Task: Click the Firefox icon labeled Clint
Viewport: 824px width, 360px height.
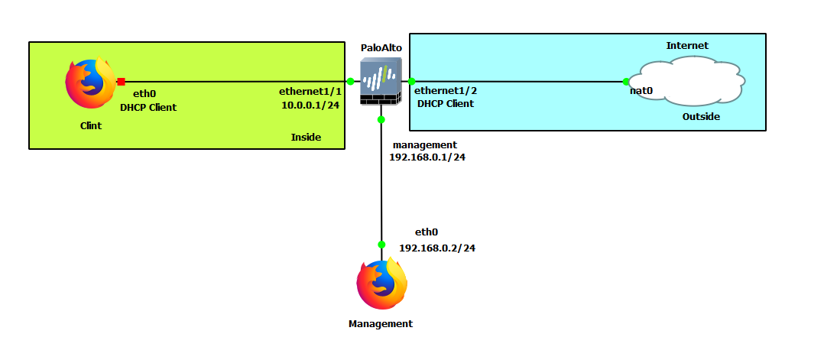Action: click(x=91, y=83)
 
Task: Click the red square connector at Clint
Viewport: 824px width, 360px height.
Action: click(x=121, y=81)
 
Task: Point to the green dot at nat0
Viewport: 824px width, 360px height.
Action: click(x=626, y=81)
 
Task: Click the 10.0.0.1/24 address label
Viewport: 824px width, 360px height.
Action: click(x=310, y=105)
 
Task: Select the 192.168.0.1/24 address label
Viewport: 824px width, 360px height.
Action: click(x=427, y=157)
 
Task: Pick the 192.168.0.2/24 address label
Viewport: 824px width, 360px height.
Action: click(x=437, y=248)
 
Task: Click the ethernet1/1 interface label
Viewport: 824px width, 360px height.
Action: click(x=310, y=91)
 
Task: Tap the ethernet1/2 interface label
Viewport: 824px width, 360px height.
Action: click(x=445, y=90)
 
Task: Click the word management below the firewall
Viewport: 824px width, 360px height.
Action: click(x=424, y=144)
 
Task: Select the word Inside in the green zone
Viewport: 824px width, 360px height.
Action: click(x=306, y=137)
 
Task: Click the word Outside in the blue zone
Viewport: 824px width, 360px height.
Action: click(x=701, y=117)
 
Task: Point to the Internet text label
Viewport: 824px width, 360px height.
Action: click(x=687, y=45)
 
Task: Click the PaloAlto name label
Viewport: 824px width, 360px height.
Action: click(x=381, y=47)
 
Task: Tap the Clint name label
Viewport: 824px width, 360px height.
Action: click(x=91, y=125)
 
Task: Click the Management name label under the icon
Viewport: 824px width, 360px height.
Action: click(x=381, y=323)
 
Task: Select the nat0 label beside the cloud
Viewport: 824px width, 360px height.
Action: click(x=641, y=91)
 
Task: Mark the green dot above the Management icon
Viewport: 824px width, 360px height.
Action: click(x=381, y=245)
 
